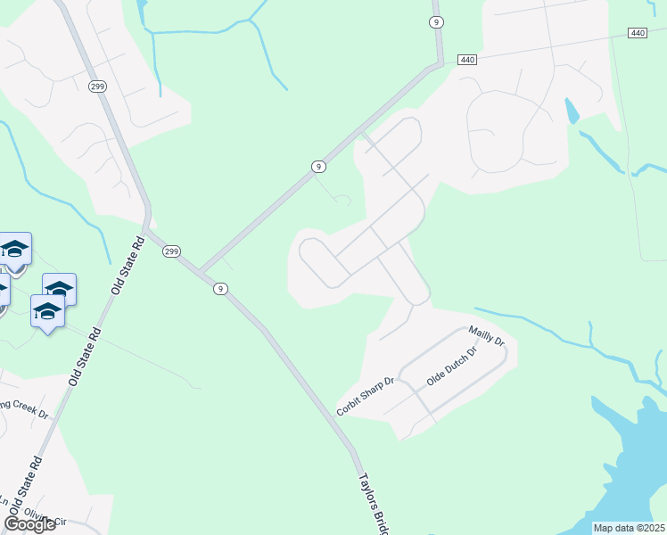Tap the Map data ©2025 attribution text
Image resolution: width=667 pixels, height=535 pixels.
click(630, 528)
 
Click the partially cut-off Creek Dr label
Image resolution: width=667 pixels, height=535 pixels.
click(25, 410)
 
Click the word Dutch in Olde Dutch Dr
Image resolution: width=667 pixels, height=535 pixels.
click(453, 366)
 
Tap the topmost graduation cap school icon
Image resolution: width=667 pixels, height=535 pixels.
click(14, 249)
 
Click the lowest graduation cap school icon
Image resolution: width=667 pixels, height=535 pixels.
click(46, 311)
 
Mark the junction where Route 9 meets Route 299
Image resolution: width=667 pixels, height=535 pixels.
click(200, 271)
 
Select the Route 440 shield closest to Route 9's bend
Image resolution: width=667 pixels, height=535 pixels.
click(468, 60)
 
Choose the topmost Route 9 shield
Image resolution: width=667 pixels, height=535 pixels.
click(435, 21)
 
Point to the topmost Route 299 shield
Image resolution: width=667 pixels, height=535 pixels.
click(97, 86)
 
